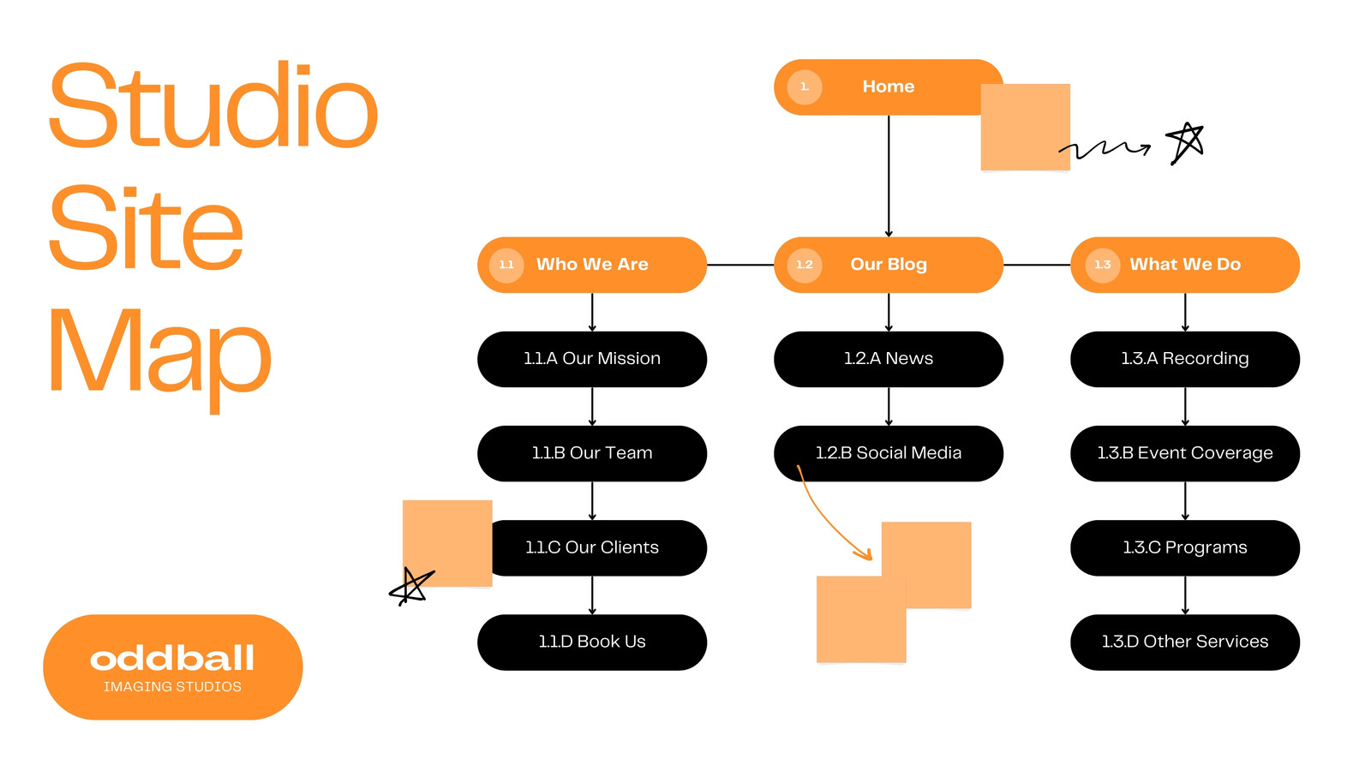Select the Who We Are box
[x=592, y=265]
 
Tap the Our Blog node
[x=888, y=265]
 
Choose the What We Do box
[x=1185, y=265]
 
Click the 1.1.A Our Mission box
[x=592, y=359]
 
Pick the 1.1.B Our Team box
[x=592, y=453]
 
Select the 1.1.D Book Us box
[x=592, y=642]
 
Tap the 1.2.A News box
[x=888, y=359]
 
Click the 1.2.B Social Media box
[x=888, y=453]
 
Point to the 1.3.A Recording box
[x=1185, y=359]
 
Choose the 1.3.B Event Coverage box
[x=1185, y=453]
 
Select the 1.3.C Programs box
[x=1185, y=547]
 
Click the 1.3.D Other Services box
[x=1185, y=642]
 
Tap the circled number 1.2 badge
[x=805, y=265]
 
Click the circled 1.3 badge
[x=1102, y=265]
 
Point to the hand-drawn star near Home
[x=1185, y=143]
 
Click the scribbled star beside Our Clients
[x=411, y=586]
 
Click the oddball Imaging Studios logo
[x=172, y=667]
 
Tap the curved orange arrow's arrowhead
[x=865, y=554]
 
